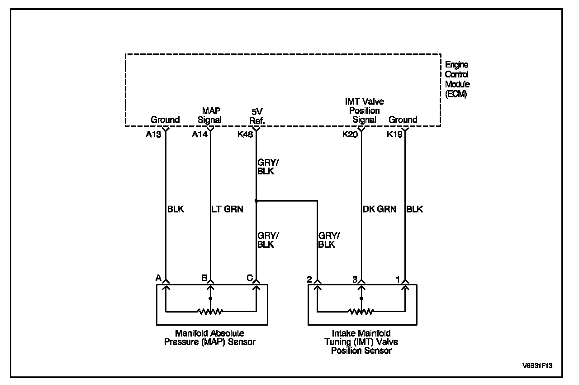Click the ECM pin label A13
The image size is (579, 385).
[x=154, y=134]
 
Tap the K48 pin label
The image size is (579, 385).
[x=245, y=134]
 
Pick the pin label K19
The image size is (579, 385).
[x=394, y=134]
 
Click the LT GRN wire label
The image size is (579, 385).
[x=227, y=209]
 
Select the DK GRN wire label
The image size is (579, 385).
[x=379, y=209]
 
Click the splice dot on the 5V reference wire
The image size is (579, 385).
[x=256, y=201]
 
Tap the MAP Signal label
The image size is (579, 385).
[x=210, y=115]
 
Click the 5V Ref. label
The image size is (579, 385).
[x=257, y=115]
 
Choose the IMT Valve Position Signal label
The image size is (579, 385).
[x=364, y=111]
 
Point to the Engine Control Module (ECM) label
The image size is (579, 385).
[x=457, y=79]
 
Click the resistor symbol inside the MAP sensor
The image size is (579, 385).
[x=210, y=312]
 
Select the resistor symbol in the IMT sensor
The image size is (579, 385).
[x=361, y=312]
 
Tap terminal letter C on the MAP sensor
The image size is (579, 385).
[x=249, y=278]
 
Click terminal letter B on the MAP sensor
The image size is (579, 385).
[x=204, y=278]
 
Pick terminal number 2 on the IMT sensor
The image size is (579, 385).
[x=309, y=279]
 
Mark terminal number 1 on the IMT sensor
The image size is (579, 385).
[x=398, y=279]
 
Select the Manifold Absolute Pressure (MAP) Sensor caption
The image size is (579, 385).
[x=209, y=337]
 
